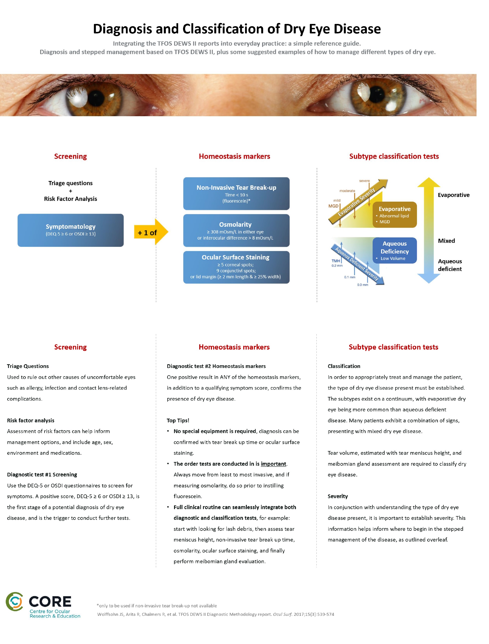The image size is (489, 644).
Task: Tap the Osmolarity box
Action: pyautogui.click(x=236, y=230)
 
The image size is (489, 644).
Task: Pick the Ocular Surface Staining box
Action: pyautogui.click(x=236, y=267)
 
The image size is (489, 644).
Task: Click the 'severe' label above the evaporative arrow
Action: pyautogui.click(x=364, y=181)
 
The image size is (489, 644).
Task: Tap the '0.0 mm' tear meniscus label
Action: pyautogui.click(x=363, y=285)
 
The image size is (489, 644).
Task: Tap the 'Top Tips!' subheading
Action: pyautogui.click(x=178, y=420)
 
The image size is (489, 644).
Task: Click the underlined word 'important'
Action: pyautogui.click(x=273, y=464)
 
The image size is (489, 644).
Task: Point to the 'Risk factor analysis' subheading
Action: pyautogui.click(x=31, y=420)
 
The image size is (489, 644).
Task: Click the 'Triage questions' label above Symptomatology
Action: pyautogui.click(x=71, y=183)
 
